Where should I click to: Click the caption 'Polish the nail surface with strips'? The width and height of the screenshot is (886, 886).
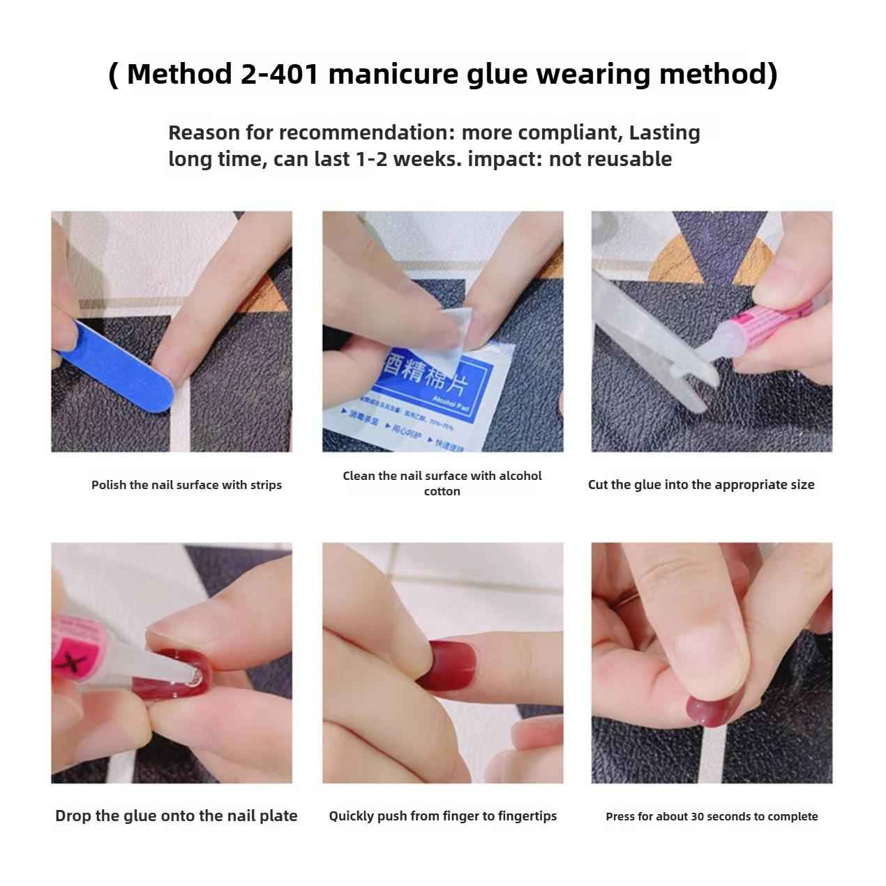186,485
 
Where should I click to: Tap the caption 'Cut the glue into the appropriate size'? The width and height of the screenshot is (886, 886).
701,485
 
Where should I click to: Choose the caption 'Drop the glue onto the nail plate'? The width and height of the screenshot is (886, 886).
176,816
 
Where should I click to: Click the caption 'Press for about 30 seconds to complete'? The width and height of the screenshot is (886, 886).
712,816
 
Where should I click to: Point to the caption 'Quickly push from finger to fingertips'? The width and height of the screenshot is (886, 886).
442,816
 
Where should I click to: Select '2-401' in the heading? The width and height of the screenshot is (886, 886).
280,74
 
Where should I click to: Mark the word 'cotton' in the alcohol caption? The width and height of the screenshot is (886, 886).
442,491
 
